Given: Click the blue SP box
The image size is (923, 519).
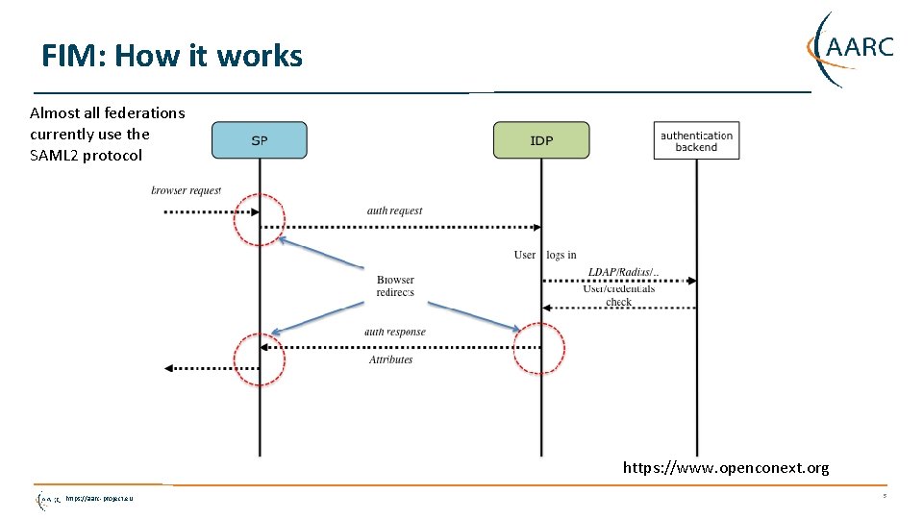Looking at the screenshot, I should click(x=259, y=140).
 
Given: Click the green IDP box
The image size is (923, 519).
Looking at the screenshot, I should click(x=541, y=140).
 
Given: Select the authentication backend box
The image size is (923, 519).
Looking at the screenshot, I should click(x=696, y=141).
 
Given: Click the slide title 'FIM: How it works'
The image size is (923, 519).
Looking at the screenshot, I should click(x=172, y=56).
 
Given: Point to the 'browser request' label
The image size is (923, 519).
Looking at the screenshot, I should click(x=186, y=190).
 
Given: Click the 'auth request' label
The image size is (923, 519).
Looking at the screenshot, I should click(x=394, y=210).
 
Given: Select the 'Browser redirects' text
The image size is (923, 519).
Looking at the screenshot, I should click(x=395, y=285).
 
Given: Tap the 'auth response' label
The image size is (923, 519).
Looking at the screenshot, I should click(x=394, y=332).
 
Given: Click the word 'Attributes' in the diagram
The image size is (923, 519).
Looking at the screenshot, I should click(x=390, y=359).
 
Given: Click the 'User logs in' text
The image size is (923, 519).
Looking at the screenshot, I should click(x=545, y=255).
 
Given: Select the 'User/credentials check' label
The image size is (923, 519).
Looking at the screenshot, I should click(x=619, y=295).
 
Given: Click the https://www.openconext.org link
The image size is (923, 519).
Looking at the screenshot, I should click(x=725, y=468).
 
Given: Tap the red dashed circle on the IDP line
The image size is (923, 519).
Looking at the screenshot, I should click(x=538, y=347).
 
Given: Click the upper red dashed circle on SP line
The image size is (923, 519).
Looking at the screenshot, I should click(x=260, y=219).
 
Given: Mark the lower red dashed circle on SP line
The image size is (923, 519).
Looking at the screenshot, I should click(x=260, y=359).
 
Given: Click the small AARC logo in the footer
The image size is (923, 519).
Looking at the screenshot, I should click(x=49, y=499).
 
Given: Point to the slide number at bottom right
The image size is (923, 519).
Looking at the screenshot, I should click(x=884, y=497).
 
